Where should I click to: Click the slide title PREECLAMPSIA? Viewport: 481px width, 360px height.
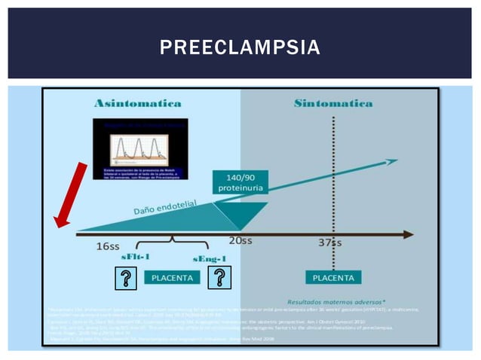[240, 49]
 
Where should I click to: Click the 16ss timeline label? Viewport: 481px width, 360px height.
[109, 246]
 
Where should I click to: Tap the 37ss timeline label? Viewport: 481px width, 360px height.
[329, 243]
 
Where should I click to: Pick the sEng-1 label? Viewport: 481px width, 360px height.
[210, 260]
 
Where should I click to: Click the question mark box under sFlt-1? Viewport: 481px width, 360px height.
[127, 279]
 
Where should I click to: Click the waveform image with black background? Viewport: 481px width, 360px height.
[140, 148]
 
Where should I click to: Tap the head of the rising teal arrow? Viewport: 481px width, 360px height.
[390, 160]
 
